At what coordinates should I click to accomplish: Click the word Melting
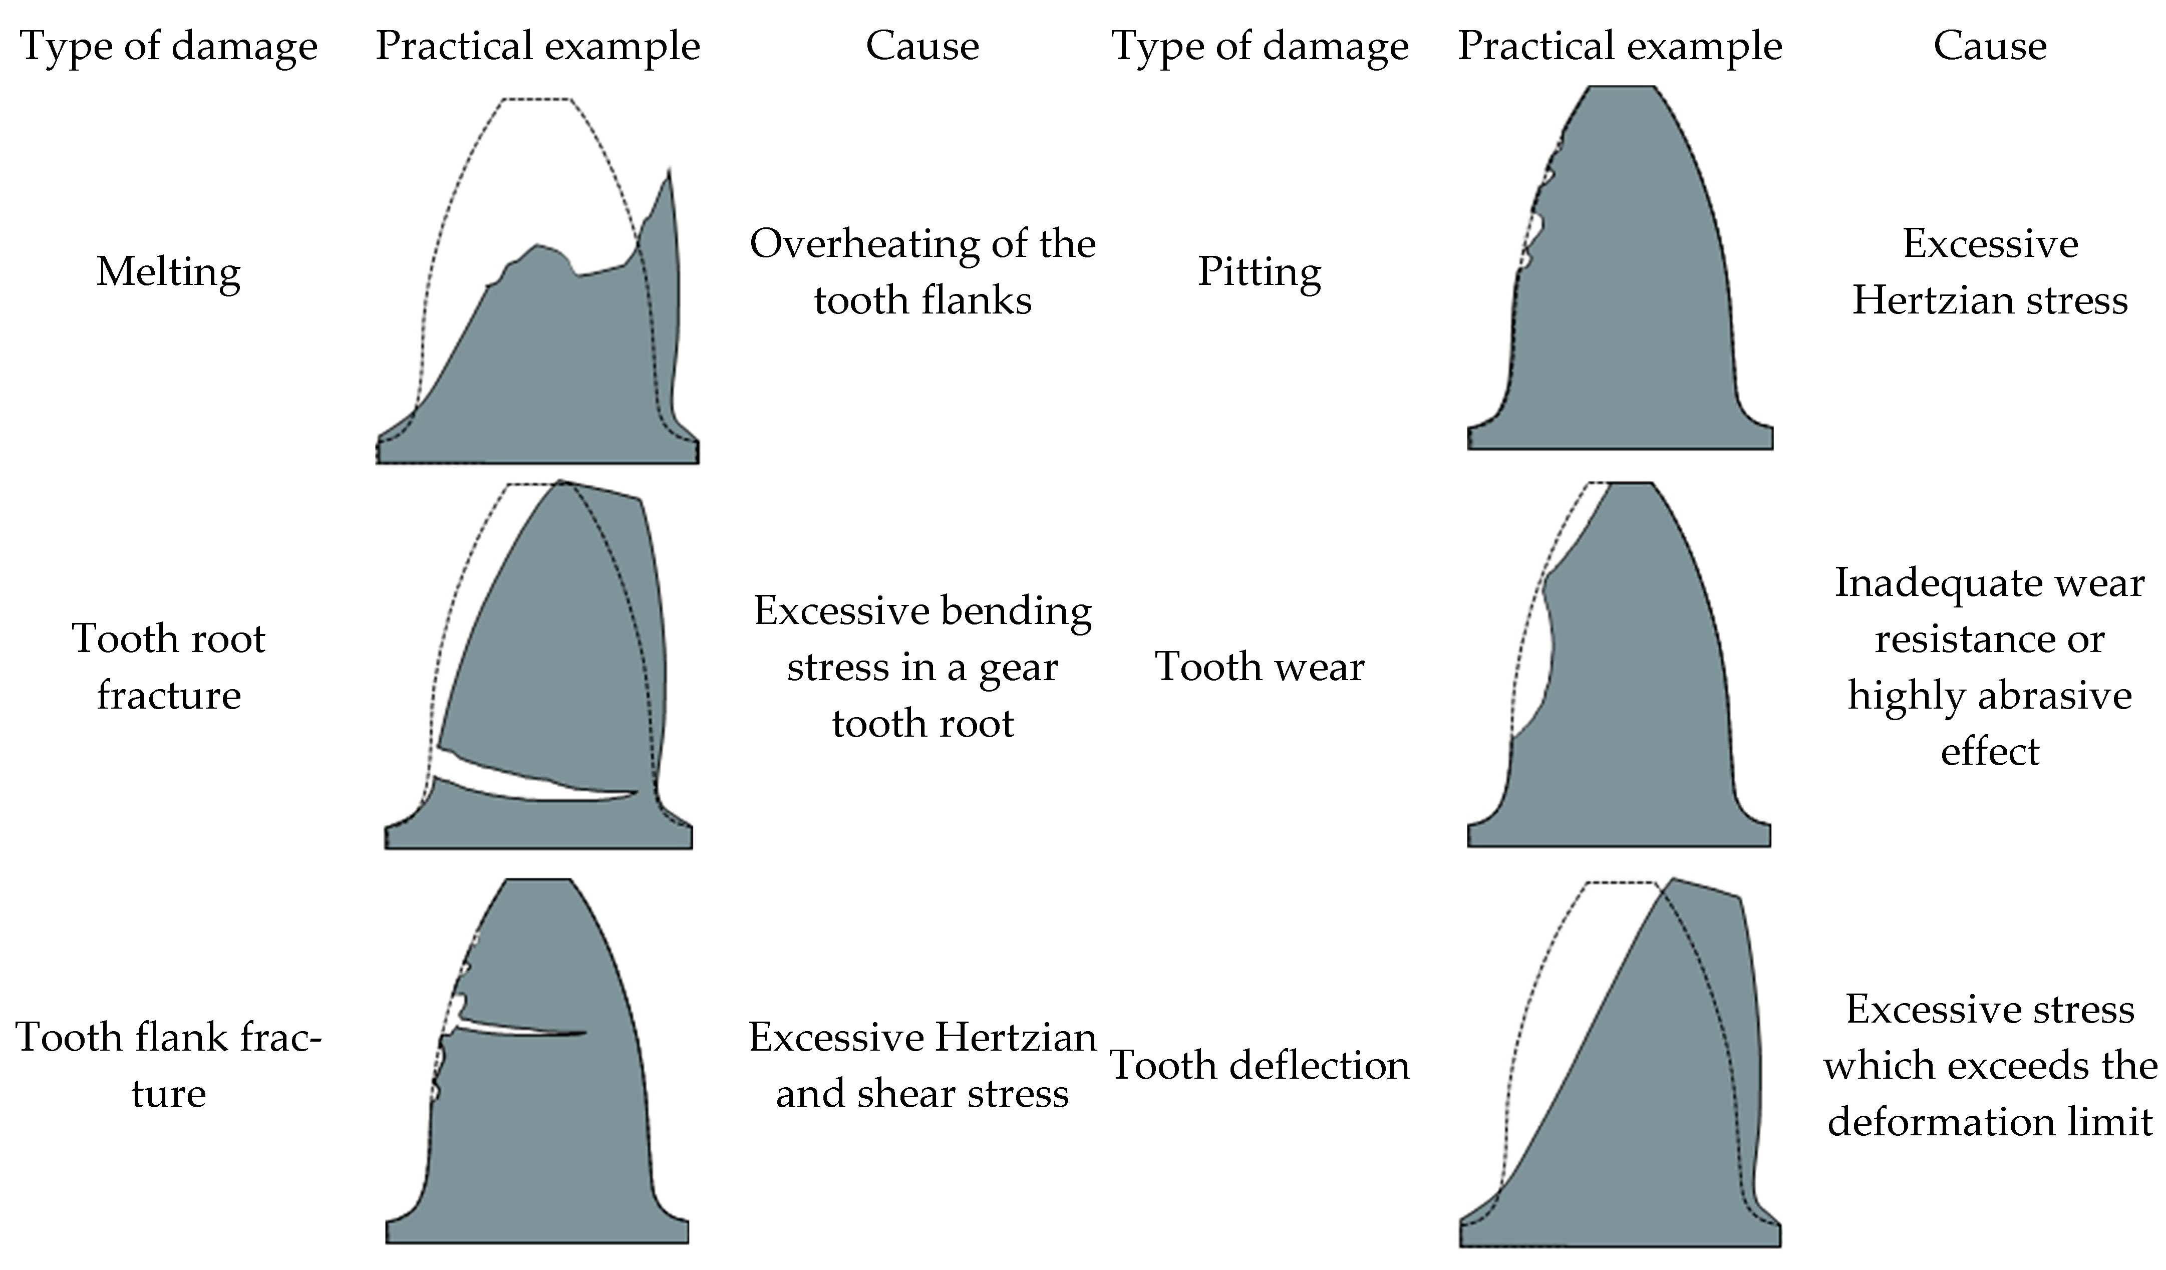tap(168, 272)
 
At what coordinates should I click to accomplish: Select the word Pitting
tap(1259, 272)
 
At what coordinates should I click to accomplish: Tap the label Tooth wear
tap(1259, 667)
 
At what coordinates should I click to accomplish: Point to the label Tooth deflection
tap(1259, 1066)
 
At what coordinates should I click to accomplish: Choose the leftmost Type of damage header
tap(168, 47)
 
